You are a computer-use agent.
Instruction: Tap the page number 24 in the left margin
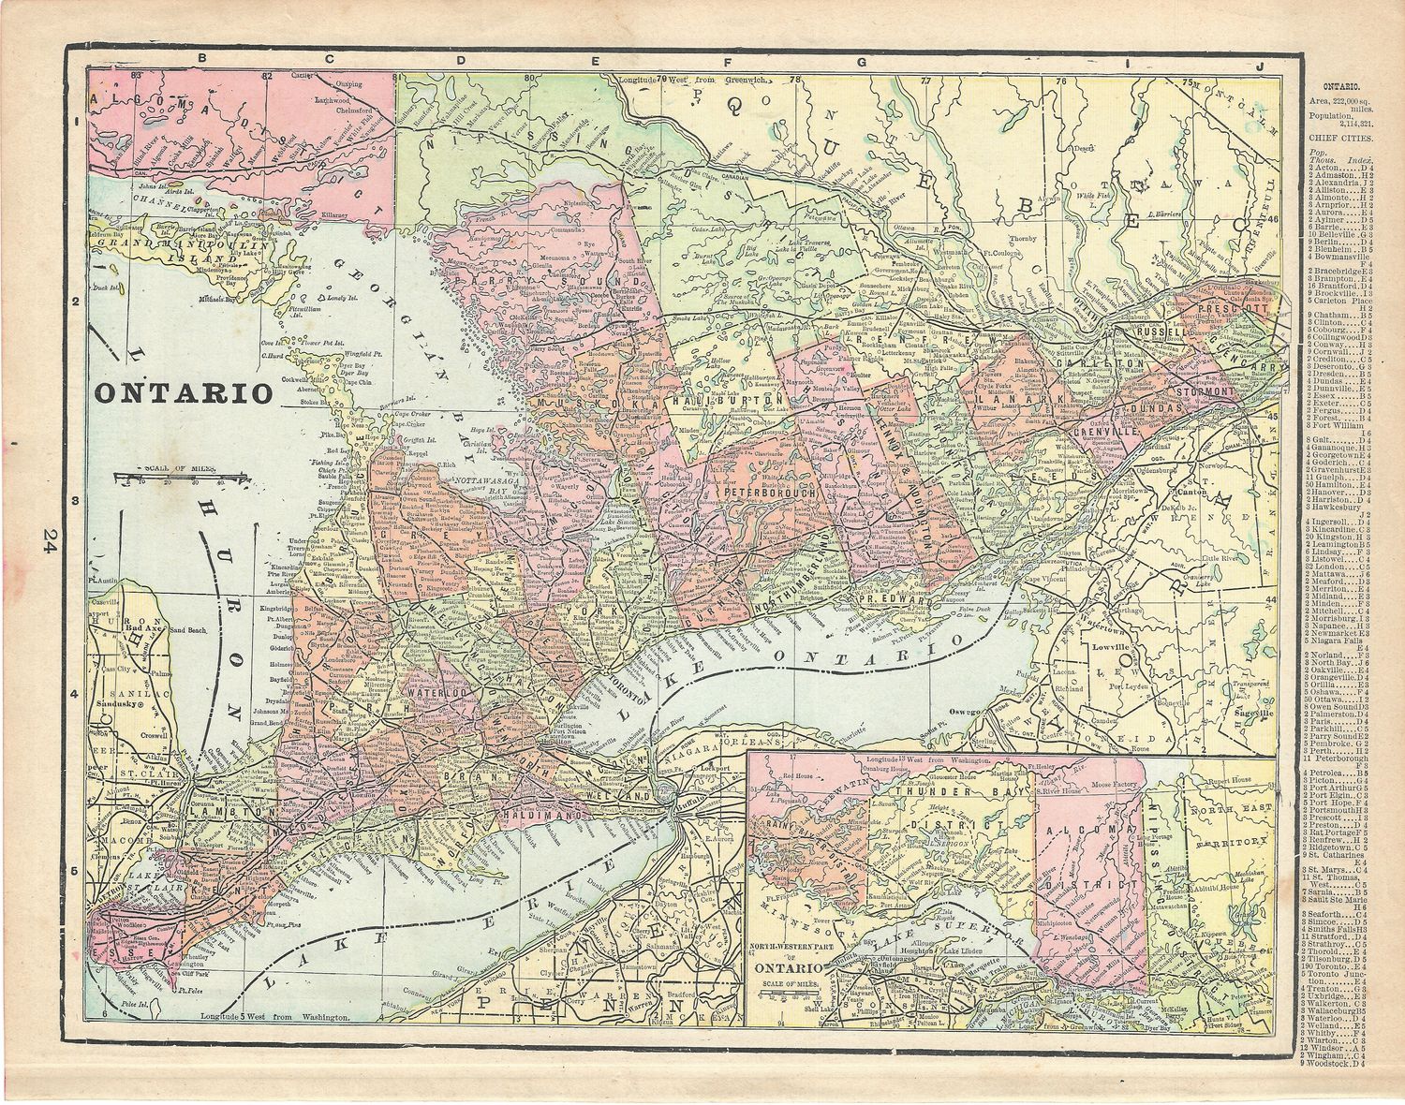pyautogui.click(x=48, y=541)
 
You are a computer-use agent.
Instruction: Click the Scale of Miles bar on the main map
pyautogui.click(x=184, y=477)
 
